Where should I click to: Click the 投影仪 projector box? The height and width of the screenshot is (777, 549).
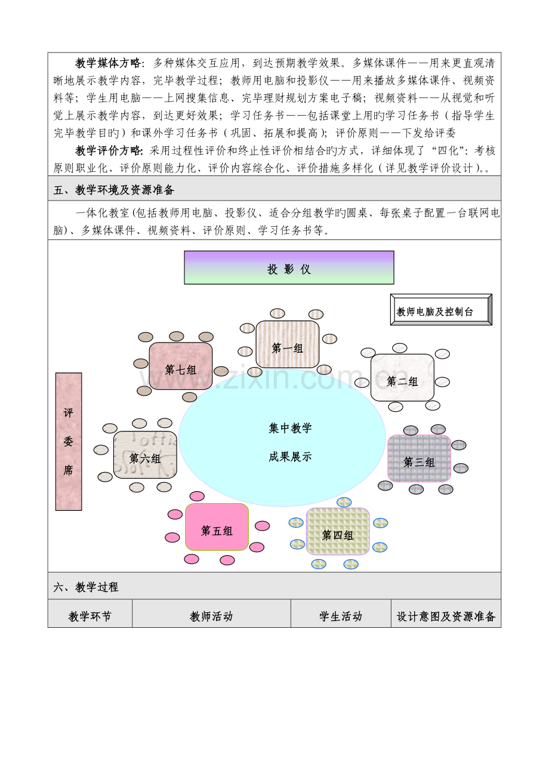click(x=289, y=267)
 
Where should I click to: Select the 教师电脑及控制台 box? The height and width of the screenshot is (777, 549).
click(x=441, y=309)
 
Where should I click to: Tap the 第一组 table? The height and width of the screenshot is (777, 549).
click(x=288, y=344)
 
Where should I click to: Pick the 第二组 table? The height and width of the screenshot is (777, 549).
click(x=402, y=377)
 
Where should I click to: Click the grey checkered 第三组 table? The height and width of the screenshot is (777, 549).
click(x=420, y=458)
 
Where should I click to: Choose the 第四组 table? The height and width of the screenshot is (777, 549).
click(x=338, y=531)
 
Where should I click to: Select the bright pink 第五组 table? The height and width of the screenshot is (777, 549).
click(x=217, y=527)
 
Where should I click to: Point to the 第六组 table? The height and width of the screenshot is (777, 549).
click(x=145, y=455)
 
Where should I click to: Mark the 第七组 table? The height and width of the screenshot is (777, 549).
click(x=181, y=366)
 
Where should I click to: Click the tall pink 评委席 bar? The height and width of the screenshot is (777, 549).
click(x=69, y=442)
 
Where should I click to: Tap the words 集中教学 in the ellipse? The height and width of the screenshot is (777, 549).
click(x=290, y=428)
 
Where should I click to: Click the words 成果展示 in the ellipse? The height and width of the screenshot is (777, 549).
click(x=290, y=457)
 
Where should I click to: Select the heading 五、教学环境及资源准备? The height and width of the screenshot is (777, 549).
click(x=114, y=190)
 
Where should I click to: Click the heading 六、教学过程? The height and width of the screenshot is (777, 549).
click(x=86, y=587)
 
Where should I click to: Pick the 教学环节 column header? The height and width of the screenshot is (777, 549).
click(x=90, y=616)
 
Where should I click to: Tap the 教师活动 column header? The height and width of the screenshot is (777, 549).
click(x=211, y=616)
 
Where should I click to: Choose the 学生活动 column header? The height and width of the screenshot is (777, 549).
click(x=341, y=616)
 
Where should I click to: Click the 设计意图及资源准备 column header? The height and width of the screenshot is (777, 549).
click(x=446, y=616)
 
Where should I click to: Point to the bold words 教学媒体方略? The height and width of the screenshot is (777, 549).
click(x=108, y=63)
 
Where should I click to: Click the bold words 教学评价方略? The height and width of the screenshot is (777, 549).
click(x=108, y=150)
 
